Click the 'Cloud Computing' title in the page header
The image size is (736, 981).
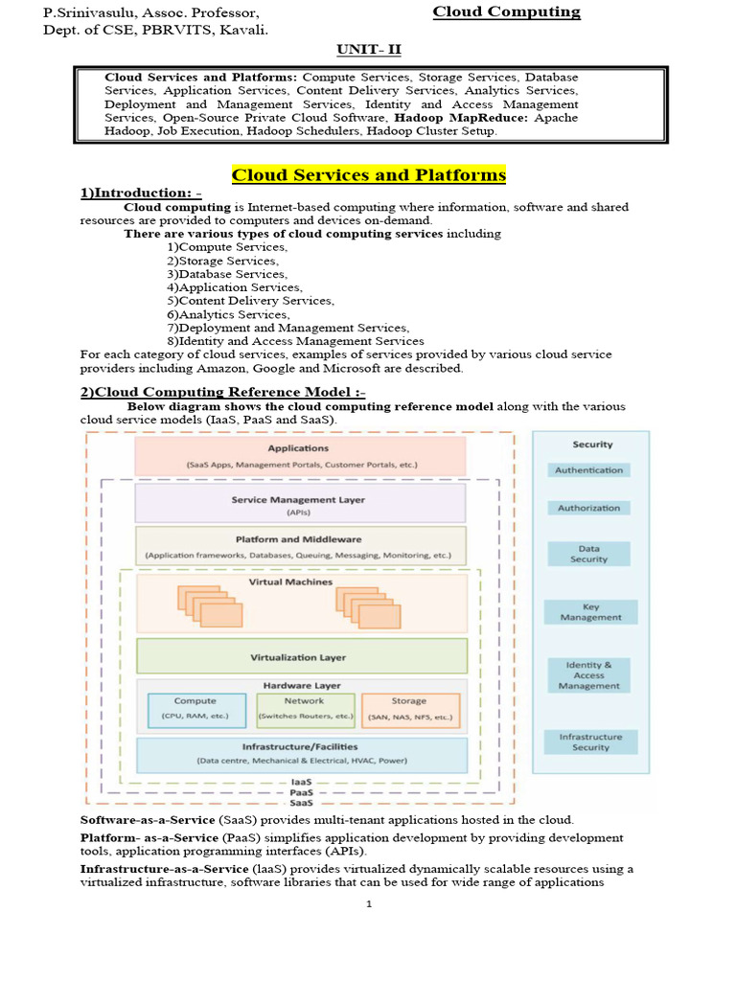tap(506, 12)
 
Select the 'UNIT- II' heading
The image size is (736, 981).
tap(369, 49)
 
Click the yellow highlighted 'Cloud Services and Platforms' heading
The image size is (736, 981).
tap(369, 175)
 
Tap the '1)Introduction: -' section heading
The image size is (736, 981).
tap(140, 194)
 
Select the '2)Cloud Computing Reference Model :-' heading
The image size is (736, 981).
tap(222, 392)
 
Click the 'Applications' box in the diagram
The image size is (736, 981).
tap(300, 455)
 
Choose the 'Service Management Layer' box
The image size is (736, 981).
tap(300, 503)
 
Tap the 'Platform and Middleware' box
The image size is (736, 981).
tap(300, 546)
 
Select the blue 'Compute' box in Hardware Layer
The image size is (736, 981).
tap(195, 708)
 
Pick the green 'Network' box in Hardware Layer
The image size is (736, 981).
tap(306, 708)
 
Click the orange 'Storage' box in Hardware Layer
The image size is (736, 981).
tap(409, 708)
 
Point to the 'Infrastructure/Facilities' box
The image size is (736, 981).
tap(302, 754)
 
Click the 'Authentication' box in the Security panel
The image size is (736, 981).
tap(589, 470)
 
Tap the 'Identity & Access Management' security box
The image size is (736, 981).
tap(589, 675)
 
